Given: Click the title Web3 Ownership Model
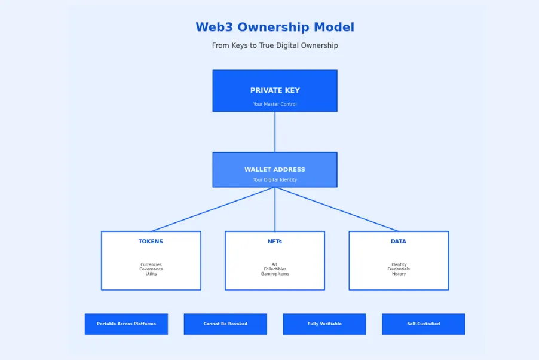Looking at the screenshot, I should [275, 28].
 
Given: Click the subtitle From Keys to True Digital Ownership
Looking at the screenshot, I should [275, 46].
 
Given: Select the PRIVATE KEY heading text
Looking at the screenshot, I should [275, 91].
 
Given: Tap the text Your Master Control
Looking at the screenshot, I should [275, 105].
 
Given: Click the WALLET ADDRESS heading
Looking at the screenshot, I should [275, 170].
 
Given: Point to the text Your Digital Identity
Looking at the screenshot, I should [275, 180].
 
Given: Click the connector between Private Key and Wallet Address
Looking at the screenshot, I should [275, 132].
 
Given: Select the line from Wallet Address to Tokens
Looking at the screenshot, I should [213, 209].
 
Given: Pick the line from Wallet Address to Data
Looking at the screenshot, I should [337, 209].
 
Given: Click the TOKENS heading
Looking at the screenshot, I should [151, 242].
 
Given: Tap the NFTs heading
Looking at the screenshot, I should [275, 242].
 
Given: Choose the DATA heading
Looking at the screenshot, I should [399, 242].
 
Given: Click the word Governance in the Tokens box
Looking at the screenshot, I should [151, 269].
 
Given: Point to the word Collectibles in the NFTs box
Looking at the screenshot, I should [275, 269].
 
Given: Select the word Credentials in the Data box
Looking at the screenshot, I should [399, 269].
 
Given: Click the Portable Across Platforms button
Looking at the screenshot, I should [126, 324].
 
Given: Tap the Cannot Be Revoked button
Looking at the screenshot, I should [225, 324].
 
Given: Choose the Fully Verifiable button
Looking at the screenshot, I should [324, 324].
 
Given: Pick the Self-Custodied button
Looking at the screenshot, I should [424, 324].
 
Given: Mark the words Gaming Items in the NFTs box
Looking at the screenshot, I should [275, 274].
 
